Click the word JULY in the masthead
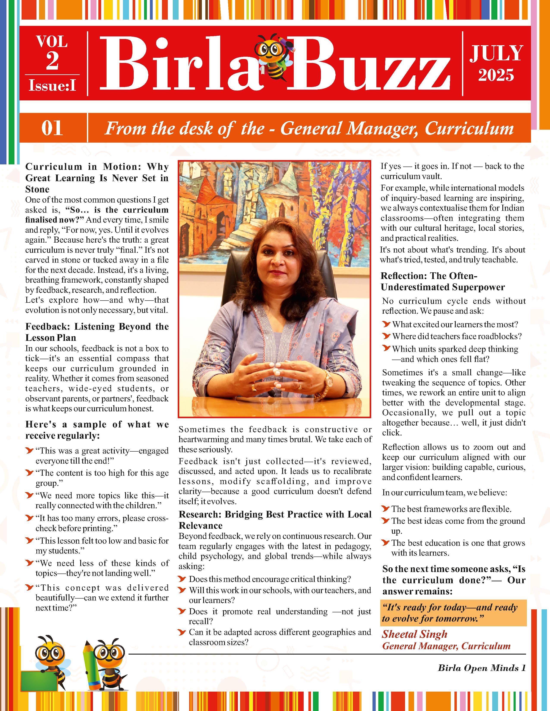496,53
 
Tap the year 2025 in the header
496,75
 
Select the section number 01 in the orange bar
52,128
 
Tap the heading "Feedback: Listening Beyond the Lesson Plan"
97,332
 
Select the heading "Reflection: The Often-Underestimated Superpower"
442,281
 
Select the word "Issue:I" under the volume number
52,85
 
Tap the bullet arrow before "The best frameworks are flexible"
386,508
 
